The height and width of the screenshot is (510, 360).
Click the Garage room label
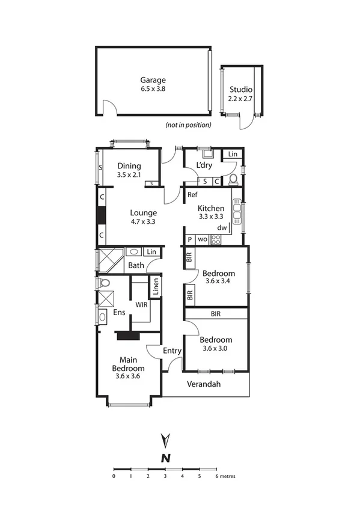[x=153, y=80]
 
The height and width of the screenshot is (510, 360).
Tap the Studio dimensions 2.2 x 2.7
[x=240, y=99]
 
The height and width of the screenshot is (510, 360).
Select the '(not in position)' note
[x=188, y=125]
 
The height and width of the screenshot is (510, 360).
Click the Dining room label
[x=129, y=166]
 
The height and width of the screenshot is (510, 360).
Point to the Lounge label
[x=144, y=212]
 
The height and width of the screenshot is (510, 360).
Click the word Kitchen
[x=211, y=208]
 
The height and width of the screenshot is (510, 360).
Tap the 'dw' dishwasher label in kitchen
[x=222, y=228]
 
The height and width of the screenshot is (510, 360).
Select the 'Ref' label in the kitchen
[x=192, y=195]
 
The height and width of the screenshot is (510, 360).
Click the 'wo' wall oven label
[x=203, y=239]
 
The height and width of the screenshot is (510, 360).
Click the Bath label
[x=135, y=265]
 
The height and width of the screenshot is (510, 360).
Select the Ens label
[x=119, y=312]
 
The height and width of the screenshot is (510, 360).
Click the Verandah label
[x=204, y=384]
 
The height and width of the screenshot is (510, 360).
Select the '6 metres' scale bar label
[x=225, y=475]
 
